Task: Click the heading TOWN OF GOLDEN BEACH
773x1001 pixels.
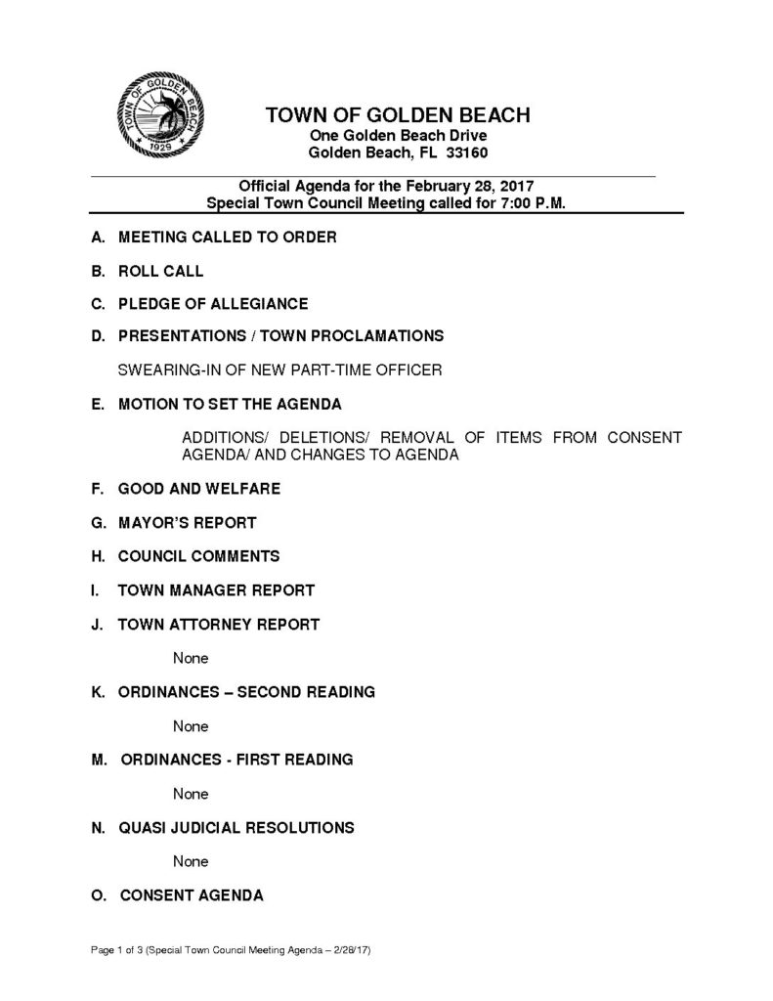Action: pyautogui.click(x=398, y=115)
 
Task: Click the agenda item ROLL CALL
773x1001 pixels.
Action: pyautogui.click(x=160, y=270)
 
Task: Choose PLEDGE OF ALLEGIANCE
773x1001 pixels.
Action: pyautogui.click(x=212, y=303)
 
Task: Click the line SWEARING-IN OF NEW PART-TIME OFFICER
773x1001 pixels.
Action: pyautogui.click(x=279, y=370)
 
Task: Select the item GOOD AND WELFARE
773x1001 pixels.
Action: pyautogui.click(x=198, y=488)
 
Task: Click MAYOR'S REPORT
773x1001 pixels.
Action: pyautogui.click(x=187, y=522)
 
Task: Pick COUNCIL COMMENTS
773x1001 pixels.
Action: pyautogui.click(x=198, y=556)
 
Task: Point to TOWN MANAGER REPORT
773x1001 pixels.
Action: pyautogui.click(x=216, y=589)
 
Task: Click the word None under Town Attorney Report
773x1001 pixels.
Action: pyautogui.click(x=191, y=658)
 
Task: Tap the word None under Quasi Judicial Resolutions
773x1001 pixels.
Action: pyautogui.click(x=191, y=861)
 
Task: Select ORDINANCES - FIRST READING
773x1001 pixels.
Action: pyautogui.click(x=236, y=759)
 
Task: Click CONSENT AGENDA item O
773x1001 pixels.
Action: pyautogui.click(x=191, y=894)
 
